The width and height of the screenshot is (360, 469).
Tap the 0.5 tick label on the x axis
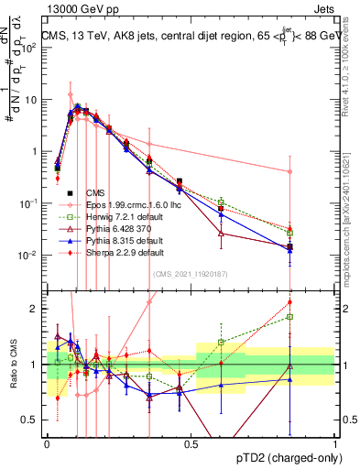(191, 443)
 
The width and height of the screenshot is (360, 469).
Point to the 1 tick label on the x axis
(335, 443)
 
